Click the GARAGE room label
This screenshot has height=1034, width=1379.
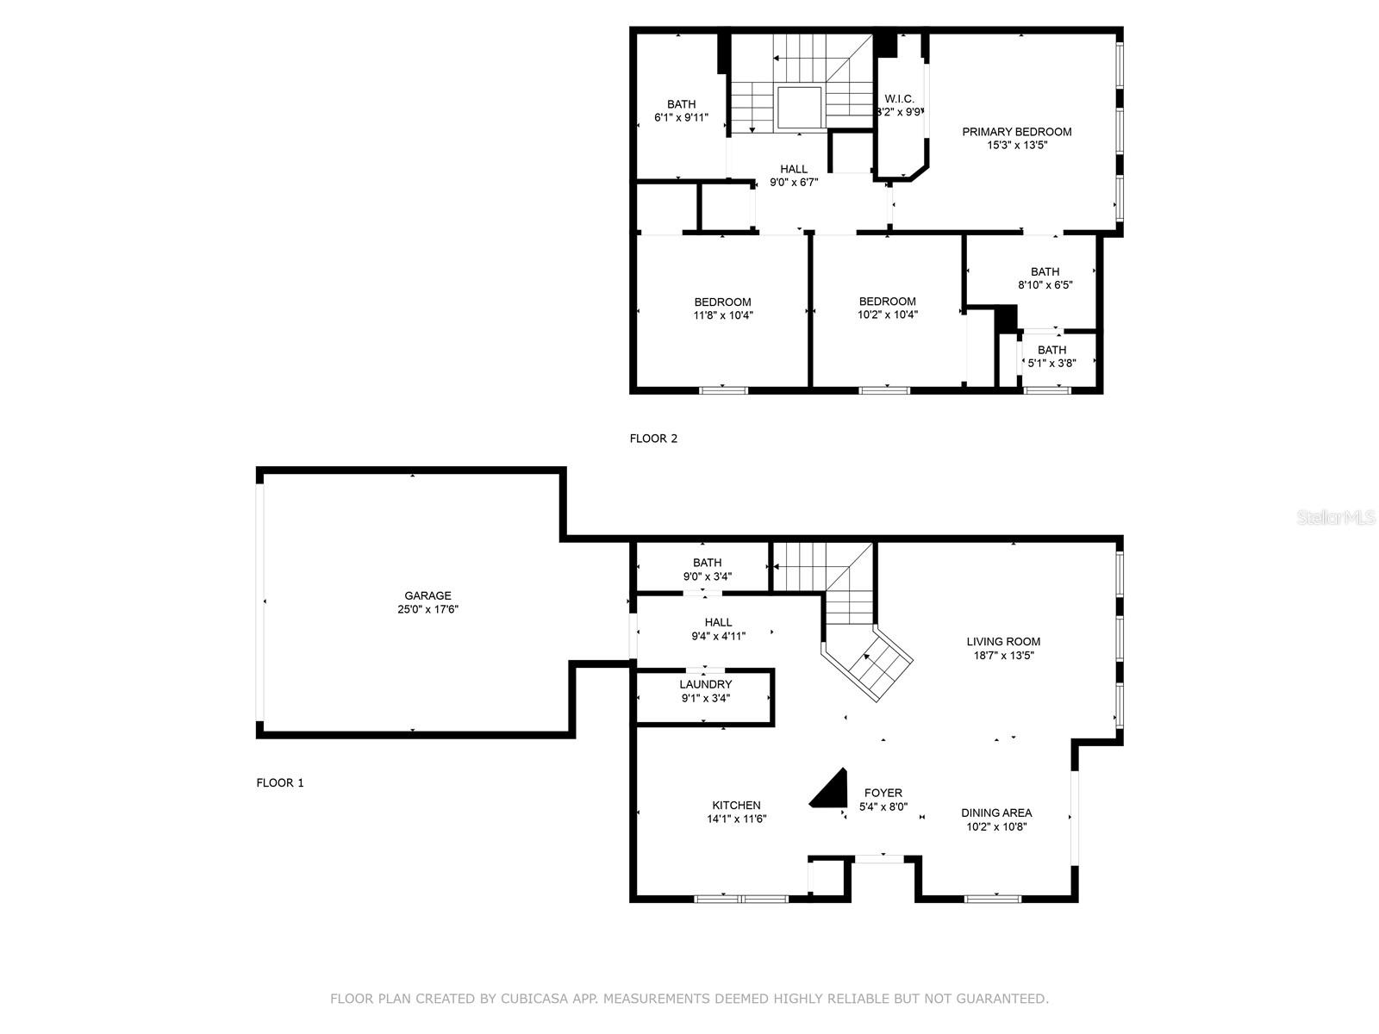[x=427, y=595]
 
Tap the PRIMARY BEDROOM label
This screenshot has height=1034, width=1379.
[x=1016, y=132]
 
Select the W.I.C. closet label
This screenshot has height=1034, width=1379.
[x=900, y=99]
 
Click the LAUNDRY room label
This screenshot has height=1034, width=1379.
[x=706, y=684]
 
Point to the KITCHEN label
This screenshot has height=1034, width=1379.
[x=736, y=806]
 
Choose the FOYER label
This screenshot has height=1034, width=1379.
[x=883, y=793]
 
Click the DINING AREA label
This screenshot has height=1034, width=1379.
[x=996, y=813]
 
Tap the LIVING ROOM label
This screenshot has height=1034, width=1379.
[x=1003, y=642]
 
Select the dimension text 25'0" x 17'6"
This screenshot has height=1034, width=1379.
[x=427, y=609]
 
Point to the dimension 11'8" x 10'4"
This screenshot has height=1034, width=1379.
[x=723, y=315]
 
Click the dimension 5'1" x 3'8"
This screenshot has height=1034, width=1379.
[x=1051, y=363]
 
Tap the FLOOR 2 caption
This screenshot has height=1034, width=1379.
[x=653, y=439]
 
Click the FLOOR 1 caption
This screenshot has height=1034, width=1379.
[x=280, y=783]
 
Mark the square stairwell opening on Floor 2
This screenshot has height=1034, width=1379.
[x=799, y=108]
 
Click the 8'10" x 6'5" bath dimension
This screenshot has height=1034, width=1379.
[x=1045, y=285]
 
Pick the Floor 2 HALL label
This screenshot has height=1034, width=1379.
[x=794, y=169]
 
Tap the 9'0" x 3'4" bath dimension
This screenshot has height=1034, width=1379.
[x=708, y=576]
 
